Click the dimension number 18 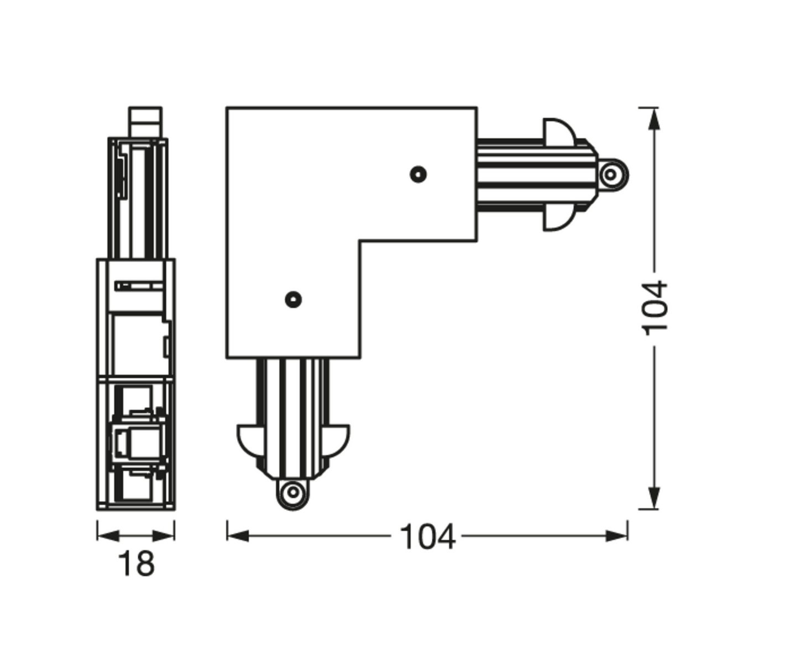tap(137, 563)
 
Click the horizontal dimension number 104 tap(427, 536)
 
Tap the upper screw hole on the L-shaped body tap(418, 175)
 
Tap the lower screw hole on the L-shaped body tap(293, 300)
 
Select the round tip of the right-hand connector tap(612, 175)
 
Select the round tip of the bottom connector tap(293, 492)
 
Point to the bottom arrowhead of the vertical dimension tap(654, 498)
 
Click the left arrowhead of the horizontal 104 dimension tap(238, 536)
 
